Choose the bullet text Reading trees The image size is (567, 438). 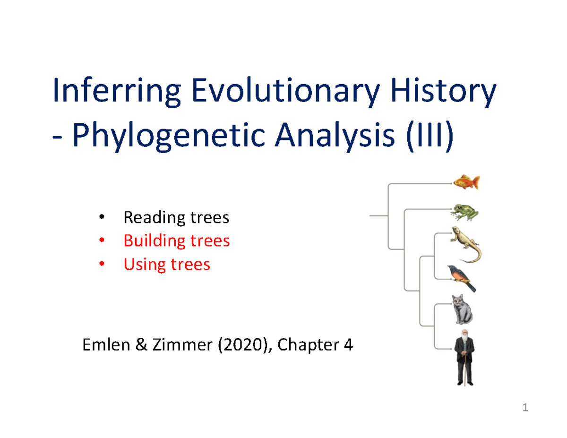(x=176, y=218)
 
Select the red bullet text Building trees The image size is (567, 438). (x=176, y=241)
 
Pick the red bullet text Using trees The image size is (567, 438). (x=166, y=264)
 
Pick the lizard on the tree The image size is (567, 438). (x=466, y=244)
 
